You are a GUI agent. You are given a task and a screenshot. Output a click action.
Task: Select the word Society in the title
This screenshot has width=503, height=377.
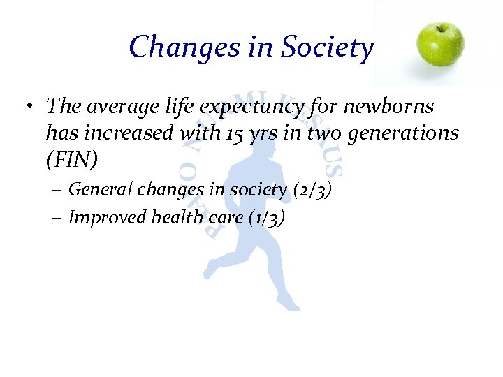327,47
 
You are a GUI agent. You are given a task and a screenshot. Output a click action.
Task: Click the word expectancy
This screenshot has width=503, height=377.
251,107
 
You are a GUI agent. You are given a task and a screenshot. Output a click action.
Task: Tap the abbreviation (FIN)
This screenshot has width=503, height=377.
72,160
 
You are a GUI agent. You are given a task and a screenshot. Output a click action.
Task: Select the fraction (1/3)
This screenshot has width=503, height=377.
266,218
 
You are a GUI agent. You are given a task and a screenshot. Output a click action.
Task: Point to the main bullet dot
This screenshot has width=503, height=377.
31,108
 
